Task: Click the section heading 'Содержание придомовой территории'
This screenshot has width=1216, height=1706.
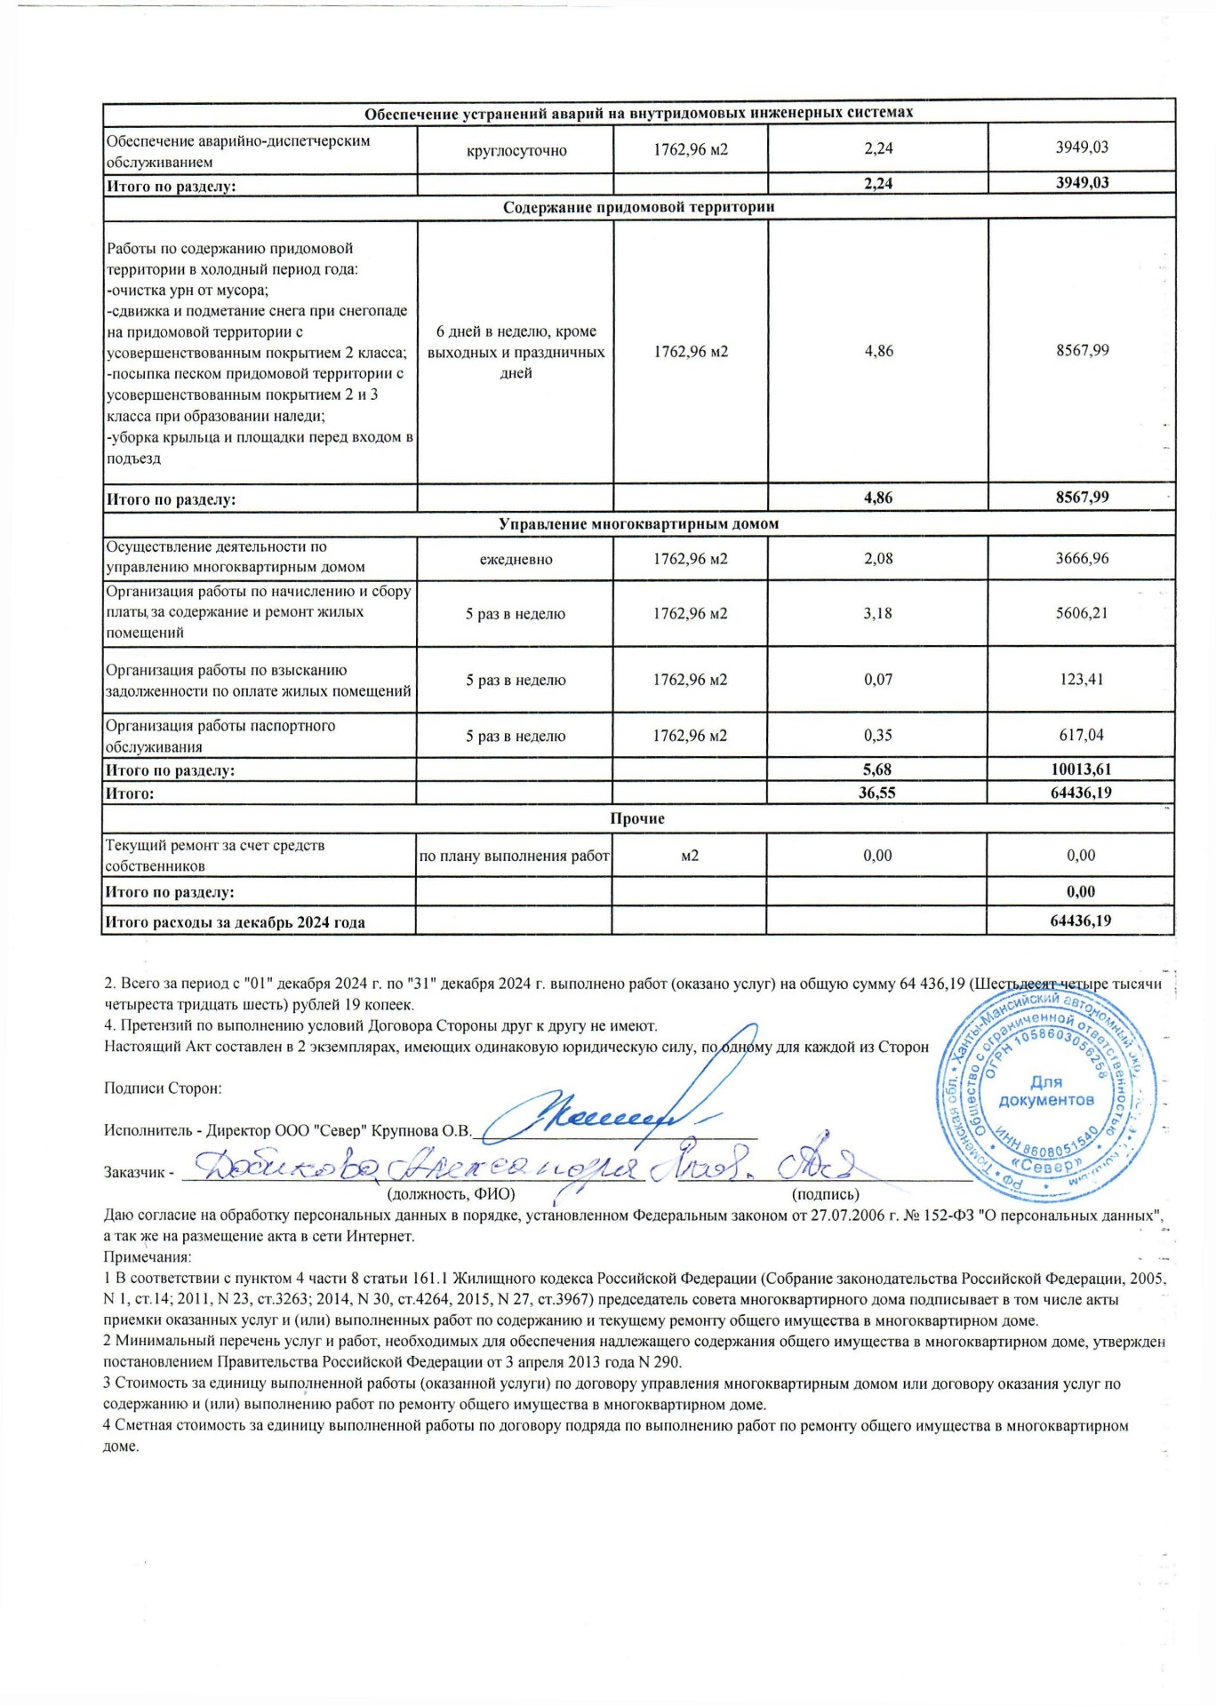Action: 638,207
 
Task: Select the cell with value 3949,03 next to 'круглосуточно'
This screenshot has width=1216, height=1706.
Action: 1082,147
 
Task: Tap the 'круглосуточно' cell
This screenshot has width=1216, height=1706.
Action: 516,150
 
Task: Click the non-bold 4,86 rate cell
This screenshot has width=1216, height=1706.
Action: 878,351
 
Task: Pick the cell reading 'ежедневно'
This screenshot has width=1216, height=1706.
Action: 516,559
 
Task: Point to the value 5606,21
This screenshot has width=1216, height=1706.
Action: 1082,613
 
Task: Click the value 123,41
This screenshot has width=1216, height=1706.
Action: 1082,680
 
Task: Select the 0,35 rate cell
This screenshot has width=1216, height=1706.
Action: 878,736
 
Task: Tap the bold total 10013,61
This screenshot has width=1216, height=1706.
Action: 1080,769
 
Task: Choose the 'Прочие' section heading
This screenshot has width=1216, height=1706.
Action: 638,818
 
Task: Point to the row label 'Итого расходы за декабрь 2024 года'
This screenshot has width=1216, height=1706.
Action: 236,922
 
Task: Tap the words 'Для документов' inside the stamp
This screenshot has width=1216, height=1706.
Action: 1046,1091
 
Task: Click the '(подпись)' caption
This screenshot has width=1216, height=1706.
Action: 825,1195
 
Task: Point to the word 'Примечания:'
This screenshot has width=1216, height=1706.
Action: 148,1256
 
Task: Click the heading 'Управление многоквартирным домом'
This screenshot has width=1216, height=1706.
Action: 638,524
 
